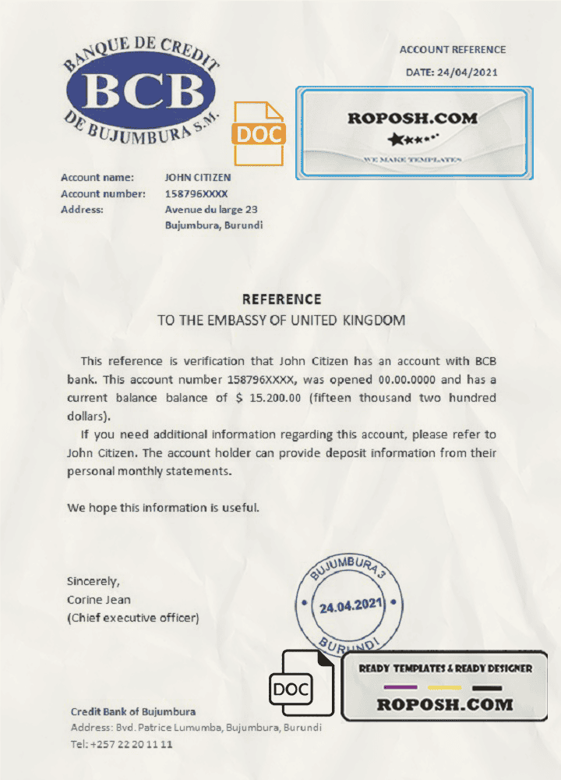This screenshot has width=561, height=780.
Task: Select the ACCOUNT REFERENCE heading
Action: (x=453, y=50)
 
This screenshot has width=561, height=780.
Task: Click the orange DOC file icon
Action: (x=259, y=133)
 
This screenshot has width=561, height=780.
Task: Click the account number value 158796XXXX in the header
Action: (x=197, y=193)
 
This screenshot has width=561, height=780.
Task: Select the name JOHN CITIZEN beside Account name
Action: (x=198, y=178)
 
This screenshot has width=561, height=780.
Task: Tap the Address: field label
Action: (x=82, y=209)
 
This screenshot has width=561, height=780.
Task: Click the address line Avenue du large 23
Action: (x=211, y=209)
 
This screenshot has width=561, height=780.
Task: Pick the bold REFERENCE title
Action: (x=281, y=300)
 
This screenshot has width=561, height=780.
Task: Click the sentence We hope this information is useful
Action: (x=163, y=508)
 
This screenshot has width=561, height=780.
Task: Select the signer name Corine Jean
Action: (x=99, y=600)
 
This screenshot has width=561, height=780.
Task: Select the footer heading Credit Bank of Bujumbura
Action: (x=133, y=711)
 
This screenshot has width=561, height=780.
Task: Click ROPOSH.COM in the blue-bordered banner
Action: (x=412, y=119)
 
